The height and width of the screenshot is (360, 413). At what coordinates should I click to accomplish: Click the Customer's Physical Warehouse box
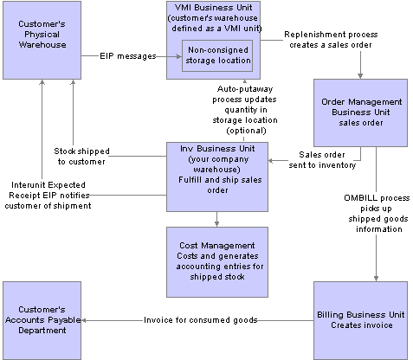(x=42, y=40)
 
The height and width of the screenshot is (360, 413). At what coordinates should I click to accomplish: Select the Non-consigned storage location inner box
(x=217, y=55)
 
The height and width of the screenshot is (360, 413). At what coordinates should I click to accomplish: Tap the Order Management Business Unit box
(x=360, y=112)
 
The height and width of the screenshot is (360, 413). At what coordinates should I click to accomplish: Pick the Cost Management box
(x=217, y=262)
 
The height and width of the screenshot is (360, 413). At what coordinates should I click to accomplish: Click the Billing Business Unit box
(x=360, y=320)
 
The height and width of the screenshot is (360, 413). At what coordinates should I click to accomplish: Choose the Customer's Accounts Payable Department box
(x=42, y=320)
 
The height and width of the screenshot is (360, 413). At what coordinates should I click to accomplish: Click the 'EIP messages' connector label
(x=128, y=56)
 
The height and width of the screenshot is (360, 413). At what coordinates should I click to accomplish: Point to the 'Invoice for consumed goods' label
(x=201, y=320)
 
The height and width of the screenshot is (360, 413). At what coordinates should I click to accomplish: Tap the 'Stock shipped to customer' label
(x=81, y=157)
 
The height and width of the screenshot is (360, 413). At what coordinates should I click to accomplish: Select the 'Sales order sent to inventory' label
(x=322, y=160)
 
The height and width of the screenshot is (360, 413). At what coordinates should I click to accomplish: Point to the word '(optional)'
(x=246, y=131)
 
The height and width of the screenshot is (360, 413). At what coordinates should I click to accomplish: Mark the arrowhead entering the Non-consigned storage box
(x=179, y=56)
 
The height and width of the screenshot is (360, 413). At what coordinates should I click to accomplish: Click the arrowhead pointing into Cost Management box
(x=216, y=224)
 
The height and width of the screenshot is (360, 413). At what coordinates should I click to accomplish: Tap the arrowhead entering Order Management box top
(x=360, y=76)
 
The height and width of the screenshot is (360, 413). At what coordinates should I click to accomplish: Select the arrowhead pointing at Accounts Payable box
(x=84, y=320)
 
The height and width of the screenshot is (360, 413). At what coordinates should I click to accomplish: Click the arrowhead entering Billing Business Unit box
(x=376, y=279)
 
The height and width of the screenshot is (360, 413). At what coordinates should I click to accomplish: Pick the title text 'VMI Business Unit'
(x=214, y=8)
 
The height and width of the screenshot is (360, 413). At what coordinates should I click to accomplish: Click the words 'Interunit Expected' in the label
(x=48, y=185)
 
